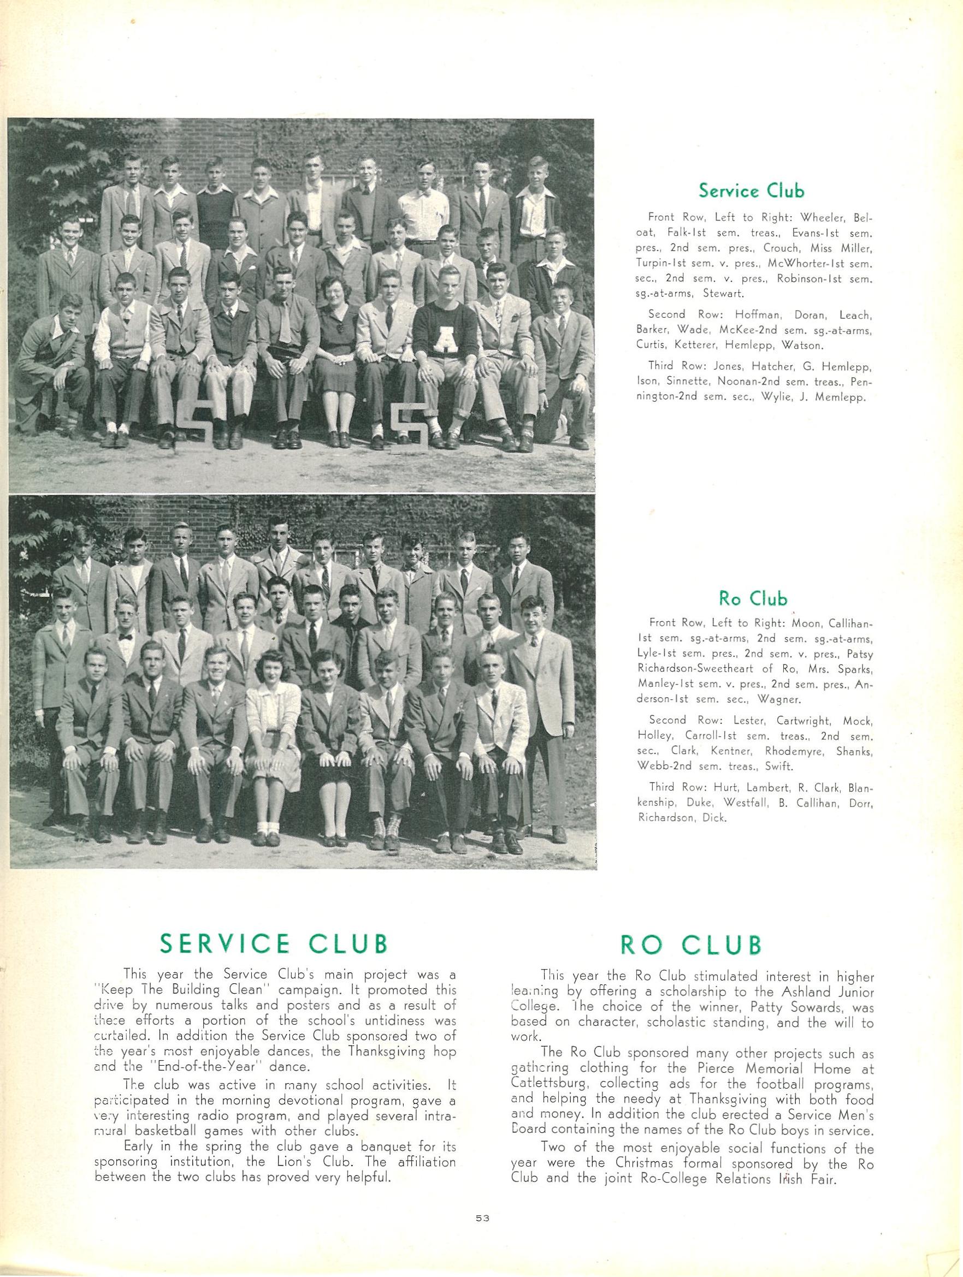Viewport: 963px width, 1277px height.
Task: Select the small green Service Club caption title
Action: (x=751, y=190)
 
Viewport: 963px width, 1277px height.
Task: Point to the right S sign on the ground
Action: (x=409, y=425)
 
